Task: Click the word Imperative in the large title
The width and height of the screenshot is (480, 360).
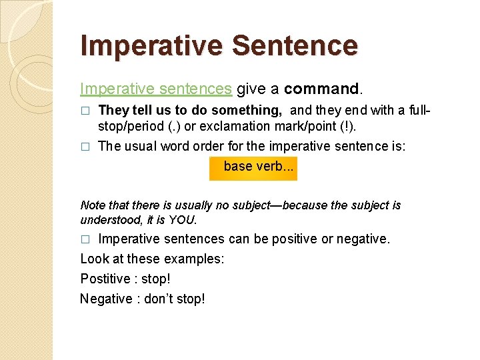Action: pyautogui.click(x=151, y=46)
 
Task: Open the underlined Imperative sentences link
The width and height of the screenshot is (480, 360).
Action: pyautogui.click(x=156, y=89)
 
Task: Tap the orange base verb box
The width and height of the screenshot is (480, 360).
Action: pyautogui.click(x=253, y=167)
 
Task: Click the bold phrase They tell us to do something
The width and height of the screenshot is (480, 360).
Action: pyautogui.click(x=190, y=110)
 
